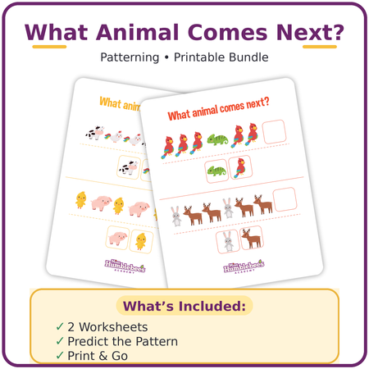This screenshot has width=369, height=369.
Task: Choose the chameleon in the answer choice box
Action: [x=216, y=171]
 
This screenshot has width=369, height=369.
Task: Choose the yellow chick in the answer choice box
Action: [x=140, y=241]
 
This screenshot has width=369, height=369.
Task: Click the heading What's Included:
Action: [x=184, y=307]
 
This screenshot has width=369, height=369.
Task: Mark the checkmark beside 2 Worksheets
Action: [x=59, y=326]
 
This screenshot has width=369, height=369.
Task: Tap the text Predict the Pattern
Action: [x=122, y=341]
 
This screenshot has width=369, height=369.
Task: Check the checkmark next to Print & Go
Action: [x=59, y=356]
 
